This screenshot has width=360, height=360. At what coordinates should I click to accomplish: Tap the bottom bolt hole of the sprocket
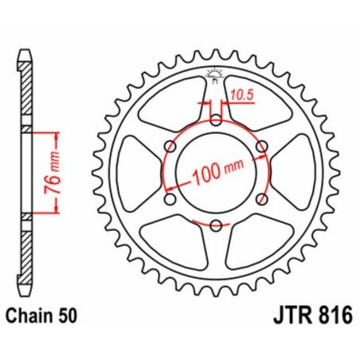[215, 225]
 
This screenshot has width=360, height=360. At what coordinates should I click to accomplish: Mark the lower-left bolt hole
[170, 199]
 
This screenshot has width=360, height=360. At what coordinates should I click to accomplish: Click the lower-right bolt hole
[260, 199]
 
